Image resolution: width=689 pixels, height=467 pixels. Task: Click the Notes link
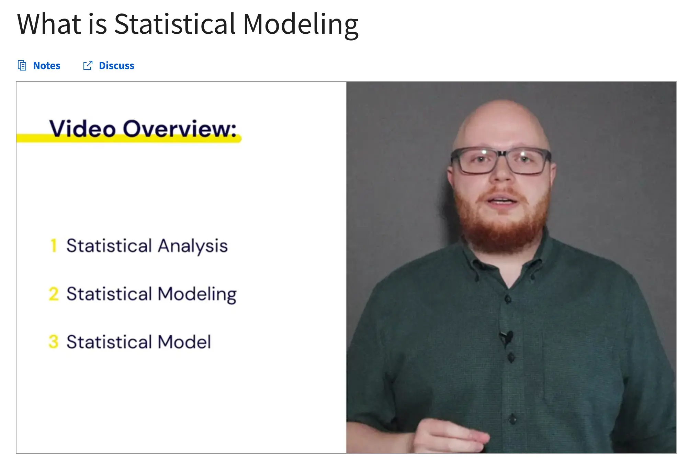tap(47, 65)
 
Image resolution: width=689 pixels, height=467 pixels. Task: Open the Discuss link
tap(116, 65)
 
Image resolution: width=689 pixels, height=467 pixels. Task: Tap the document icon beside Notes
tap(22, 65)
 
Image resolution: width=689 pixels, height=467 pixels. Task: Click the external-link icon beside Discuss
tap(88, 65)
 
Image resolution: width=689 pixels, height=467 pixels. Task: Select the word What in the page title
tap(49, 24)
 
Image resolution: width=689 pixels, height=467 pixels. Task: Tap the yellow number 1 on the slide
tap(54, 245)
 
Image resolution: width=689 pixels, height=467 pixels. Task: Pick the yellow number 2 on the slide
tap(54, 294)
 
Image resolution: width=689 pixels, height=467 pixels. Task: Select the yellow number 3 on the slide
tap(54, 342)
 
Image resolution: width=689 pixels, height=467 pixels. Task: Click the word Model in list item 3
tap(184, 342)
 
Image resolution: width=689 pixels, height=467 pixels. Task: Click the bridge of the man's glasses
tap(502, 154)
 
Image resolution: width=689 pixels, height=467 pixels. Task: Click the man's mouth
tap(502, 201)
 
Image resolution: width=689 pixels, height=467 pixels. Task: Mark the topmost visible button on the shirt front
tap(508, 299)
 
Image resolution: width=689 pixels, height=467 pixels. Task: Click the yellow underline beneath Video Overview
tap(129, 138)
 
